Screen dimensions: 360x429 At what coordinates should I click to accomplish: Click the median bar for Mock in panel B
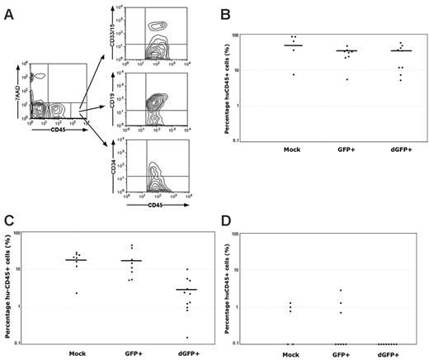[293, 45]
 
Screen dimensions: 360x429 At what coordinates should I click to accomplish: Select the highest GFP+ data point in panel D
[340, 291]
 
